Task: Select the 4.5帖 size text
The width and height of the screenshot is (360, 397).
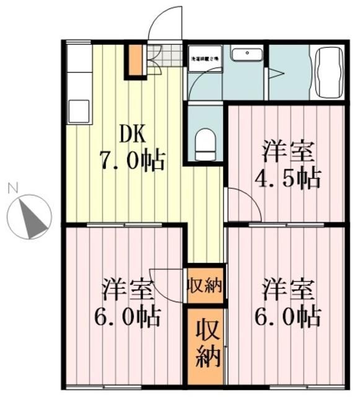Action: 288,178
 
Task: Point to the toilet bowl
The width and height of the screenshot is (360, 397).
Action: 204,143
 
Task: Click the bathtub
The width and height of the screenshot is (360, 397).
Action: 328,73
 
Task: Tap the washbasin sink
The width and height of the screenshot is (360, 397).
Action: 246,54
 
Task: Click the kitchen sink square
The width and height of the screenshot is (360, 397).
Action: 79,111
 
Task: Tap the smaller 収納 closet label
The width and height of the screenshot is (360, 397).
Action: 205,287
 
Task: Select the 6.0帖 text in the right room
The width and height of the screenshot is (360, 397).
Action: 288,316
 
